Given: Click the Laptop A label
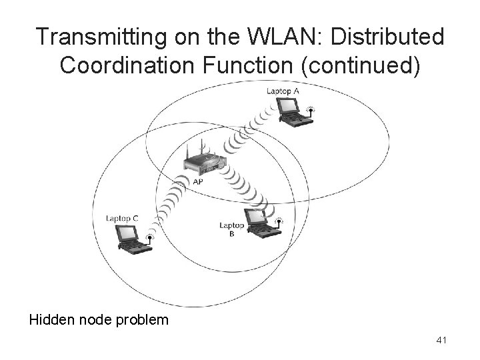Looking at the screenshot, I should click(x=282, y=91).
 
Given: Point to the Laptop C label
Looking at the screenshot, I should click(x=121, y=219).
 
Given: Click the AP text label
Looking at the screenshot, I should click(x=199, y=181).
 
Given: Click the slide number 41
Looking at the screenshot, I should click(x=441, y=341).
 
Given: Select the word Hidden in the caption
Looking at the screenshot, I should click(x=51, y=320).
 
